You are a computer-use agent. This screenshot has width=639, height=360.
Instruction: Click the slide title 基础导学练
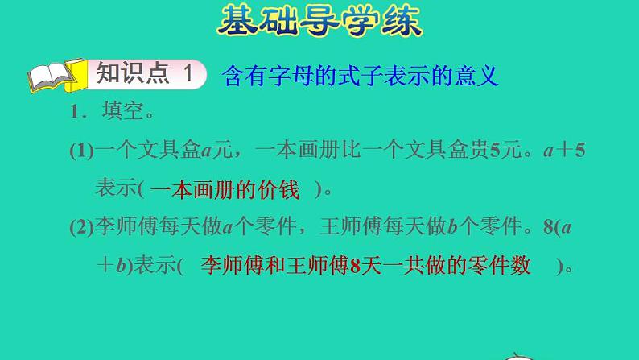pyautogui.click(x=319, y=22)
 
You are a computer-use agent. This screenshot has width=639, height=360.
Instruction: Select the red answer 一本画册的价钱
pyautogui.click(x=225, y=190)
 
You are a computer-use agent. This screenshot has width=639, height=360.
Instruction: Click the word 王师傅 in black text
pyautogui.click(x=360, y=229)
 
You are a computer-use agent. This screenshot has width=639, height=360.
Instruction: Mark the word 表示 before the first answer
pyautogui.click(x=114, y=190)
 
